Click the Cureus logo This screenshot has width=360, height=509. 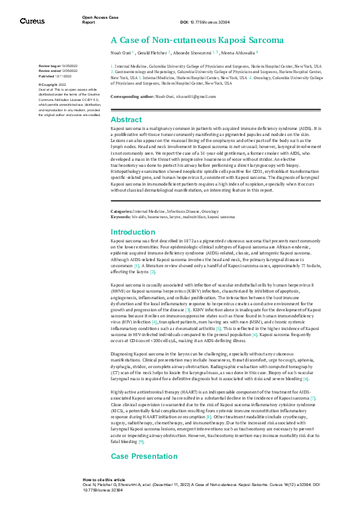[x=32, y=21]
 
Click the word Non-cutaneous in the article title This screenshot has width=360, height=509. [x=175, y=41]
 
